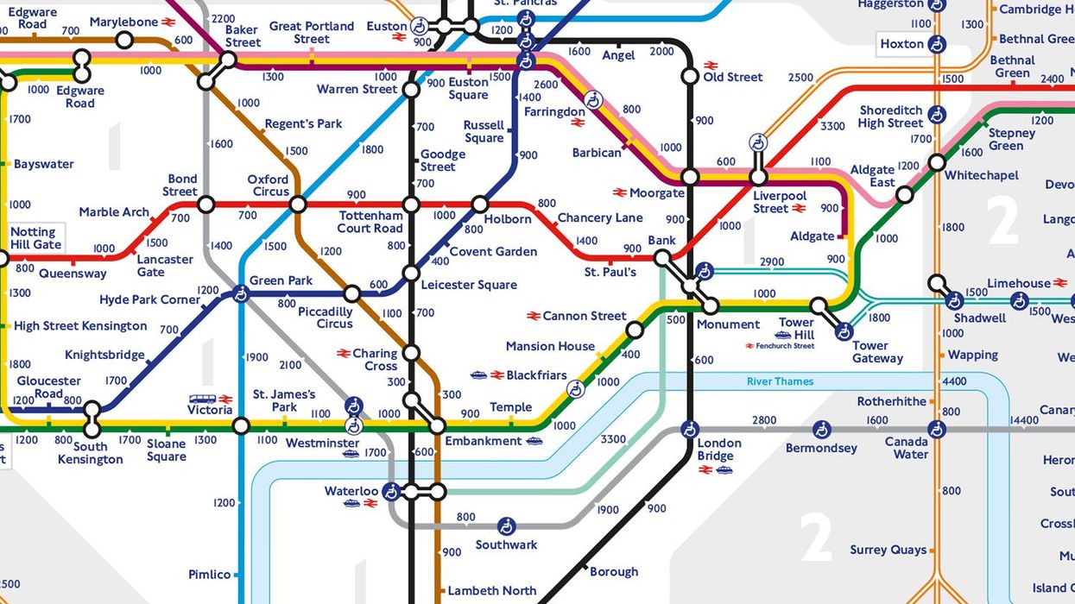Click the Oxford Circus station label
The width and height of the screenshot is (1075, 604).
(268, 186)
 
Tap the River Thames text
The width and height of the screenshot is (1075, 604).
(780, 381)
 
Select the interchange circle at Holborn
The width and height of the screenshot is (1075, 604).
(480, 204)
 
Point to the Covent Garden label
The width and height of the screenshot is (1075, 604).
(493, 252)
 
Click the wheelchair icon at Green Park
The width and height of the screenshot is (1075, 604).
(241, 294)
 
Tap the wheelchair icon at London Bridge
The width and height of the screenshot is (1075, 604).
(689, 429)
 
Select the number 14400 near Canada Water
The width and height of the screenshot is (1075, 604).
(1023, 420)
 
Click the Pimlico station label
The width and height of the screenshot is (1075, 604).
(210, 575)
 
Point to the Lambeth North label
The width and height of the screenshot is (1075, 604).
(491, 591)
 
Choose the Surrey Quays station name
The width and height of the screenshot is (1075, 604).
(888, 550)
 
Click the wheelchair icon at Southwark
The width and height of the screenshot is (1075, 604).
(507, 525)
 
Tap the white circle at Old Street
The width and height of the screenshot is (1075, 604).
(690, 77)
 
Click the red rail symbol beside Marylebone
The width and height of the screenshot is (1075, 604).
(168, 22)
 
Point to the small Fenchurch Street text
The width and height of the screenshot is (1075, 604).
(781, 346)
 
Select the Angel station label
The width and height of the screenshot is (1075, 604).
(618, 55)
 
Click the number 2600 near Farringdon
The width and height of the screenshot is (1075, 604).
(546, 84)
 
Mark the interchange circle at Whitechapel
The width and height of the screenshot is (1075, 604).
(937, 162)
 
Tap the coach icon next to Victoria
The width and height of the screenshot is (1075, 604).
(202, 399)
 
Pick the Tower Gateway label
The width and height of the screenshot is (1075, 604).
(877, 352)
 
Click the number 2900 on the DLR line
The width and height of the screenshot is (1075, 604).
(771, 261)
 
